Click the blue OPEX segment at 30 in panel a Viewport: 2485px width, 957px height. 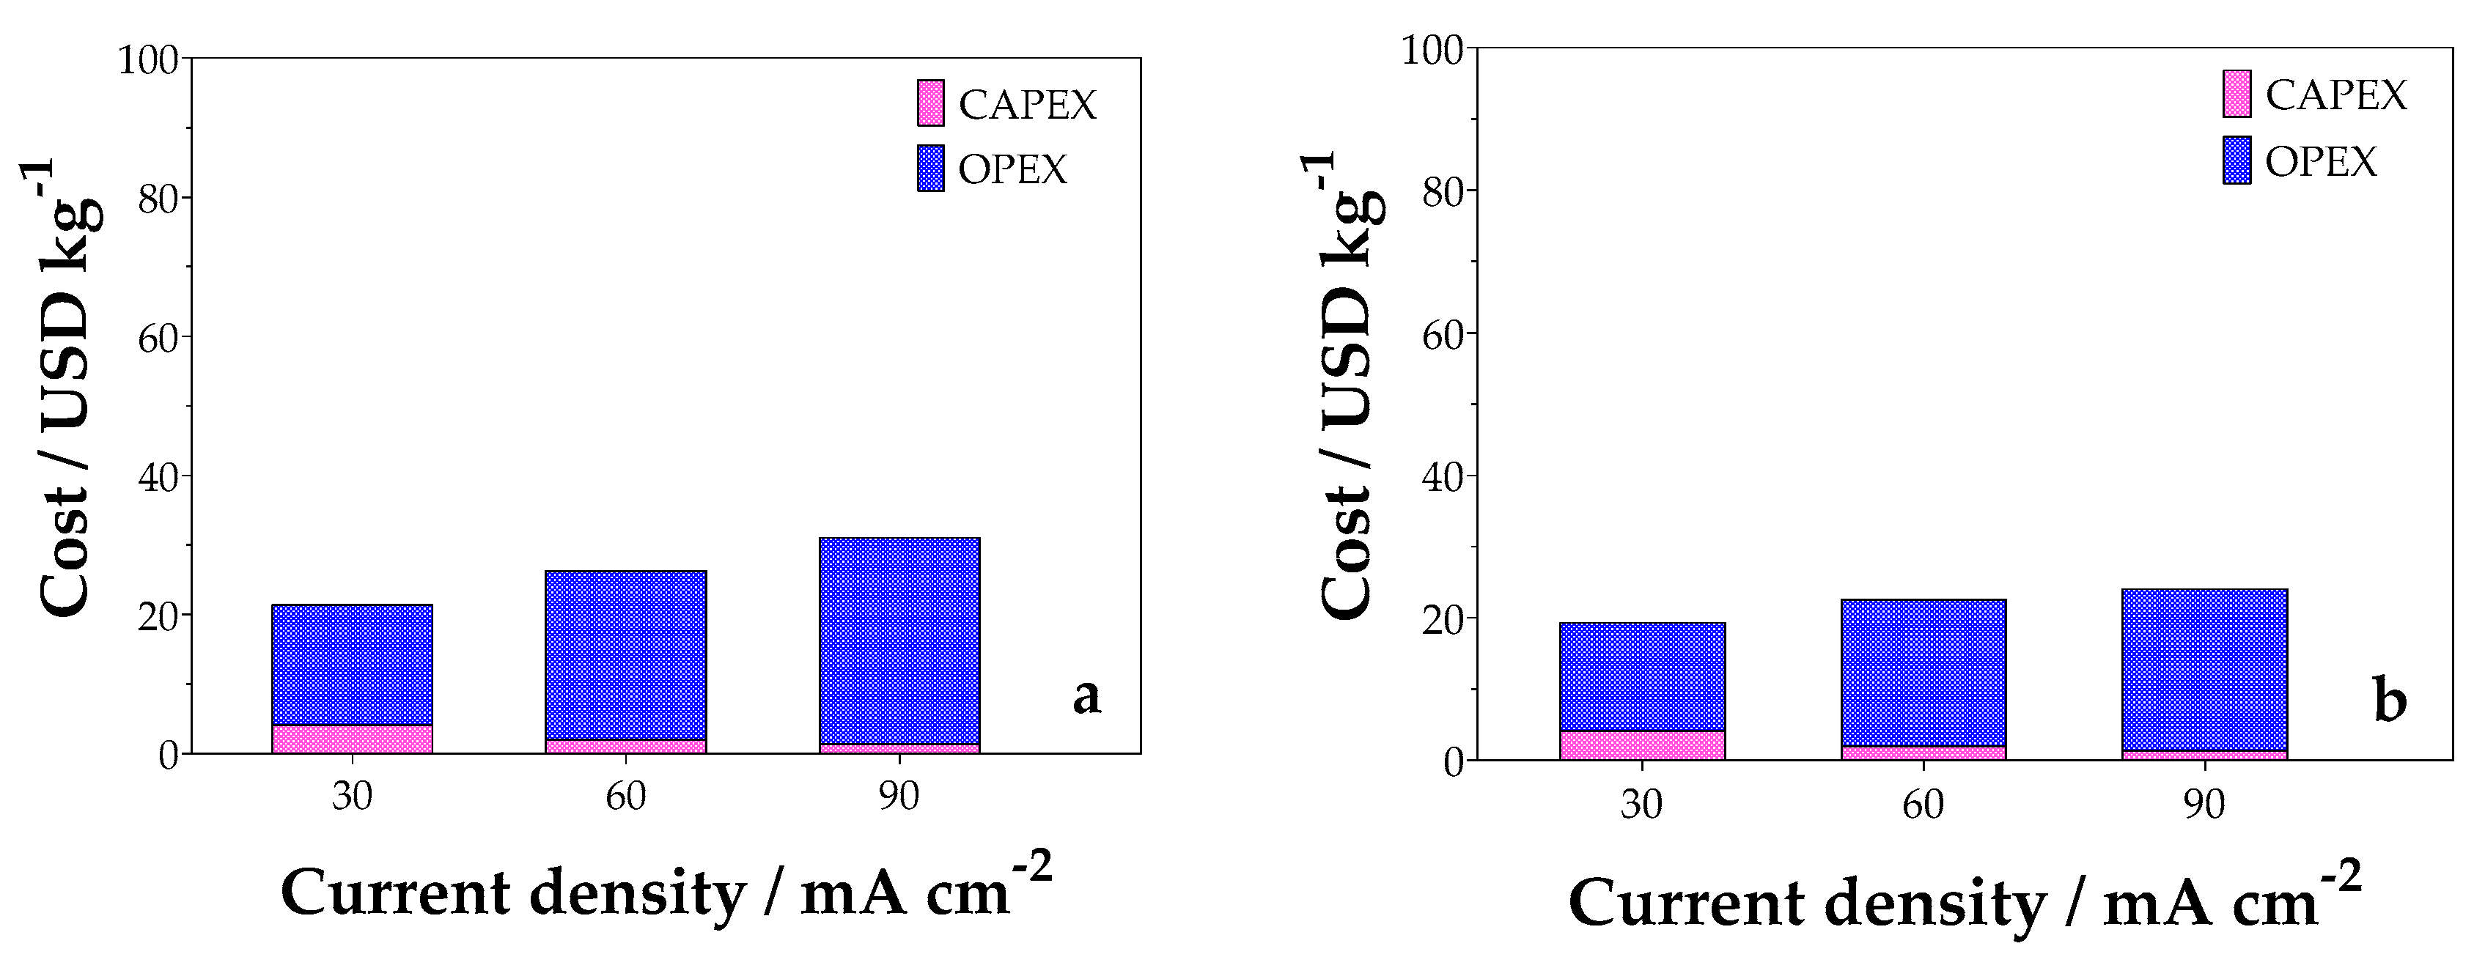[x=352, y=665]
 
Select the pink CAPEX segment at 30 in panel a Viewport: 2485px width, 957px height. [x=352, y=739]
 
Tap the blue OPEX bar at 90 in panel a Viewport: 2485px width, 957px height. [x=899, y=640]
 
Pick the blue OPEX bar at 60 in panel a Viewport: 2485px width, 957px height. [x=626, y=655]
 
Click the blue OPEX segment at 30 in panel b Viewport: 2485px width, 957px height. [x=1642, y=677]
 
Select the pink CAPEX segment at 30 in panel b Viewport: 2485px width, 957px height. [x=1642, y=746]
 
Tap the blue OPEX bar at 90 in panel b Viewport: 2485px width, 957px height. [x=2204, y=670]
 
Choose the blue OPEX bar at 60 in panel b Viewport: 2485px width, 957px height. [x=1923, y=673]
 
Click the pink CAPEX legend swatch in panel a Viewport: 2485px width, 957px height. [x=931, y=103]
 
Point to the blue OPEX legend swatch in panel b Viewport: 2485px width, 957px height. [x=2236, y=160]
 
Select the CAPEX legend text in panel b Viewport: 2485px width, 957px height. [x=2335, y=95]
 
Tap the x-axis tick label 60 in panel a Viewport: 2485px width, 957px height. [x=626, y=797]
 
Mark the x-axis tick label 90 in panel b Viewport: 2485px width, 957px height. [x=2204, y=805]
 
